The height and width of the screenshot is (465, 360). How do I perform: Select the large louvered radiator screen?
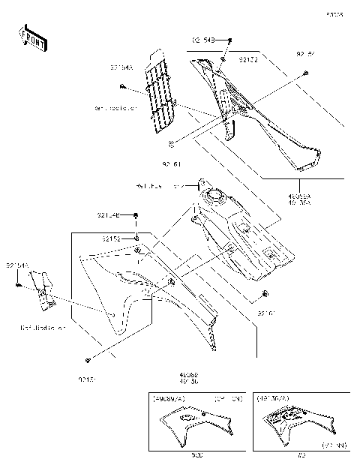click(x=159, y=91)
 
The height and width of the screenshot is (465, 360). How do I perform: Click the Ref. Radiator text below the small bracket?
click(x=43, y=328)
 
